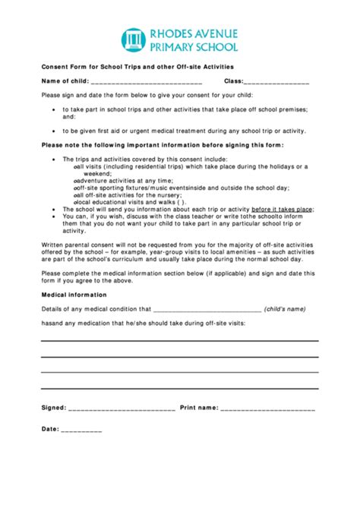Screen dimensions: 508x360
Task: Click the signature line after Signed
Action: click(122, 409)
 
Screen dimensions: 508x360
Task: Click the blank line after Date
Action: click(81, 430)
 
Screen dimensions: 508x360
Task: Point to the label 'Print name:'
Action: click(199, 408)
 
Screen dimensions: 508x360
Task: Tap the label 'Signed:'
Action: click(53, 408)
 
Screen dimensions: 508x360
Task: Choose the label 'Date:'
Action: click(50, 429)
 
